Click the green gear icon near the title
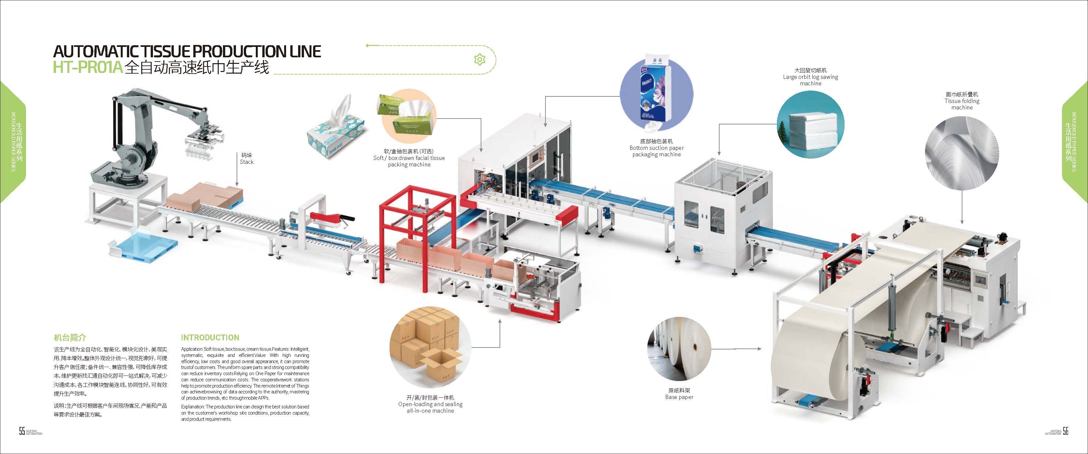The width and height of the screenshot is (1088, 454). pos(479,60)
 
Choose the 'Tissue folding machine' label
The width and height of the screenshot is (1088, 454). pos(962,101)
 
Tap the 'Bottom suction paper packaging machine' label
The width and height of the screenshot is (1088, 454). pos(656,148)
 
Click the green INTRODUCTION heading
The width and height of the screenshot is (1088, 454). pos(210,338)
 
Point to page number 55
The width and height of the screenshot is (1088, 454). pos(22,431)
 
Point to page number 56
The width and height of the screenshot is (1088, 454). pos(1066,431)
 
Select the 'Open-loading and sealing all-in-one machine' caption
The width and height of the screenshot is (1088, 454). pos(430,404)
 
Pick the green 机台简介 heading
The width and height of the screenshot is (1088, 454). pos(70,337)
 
